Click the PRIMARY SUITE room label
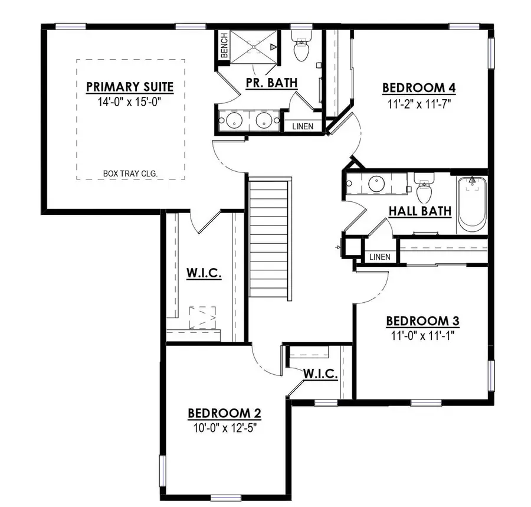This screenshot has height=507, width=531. (x=130, y=87)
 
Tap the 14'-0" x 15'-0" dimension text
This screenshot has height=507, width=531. (x=130, y=102)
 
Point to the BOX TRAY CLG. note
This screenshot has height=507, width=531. (x=133, y=174)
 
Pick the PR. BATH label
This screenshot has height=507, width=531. (x=271, y=83)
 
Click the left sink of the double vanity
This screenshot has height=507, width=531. (x=232, y=120)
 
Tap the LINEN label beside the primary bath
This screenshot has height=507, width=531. (x=303, y=126)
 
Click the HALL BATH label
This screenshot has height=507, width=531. (x=419, y=211)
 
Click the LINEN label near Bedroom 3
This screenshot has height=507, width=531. (x=379, y=257)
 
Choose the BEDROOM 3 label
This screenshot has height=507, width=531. (x=422, y=321)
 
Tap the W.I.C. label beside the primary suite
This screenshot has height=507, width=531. (x=204, y=273)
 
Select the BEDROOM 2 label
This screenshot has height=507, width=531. (x=224, y=413)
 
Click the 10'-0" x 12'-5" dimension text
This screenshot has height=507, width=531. (x=224, y=427)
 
